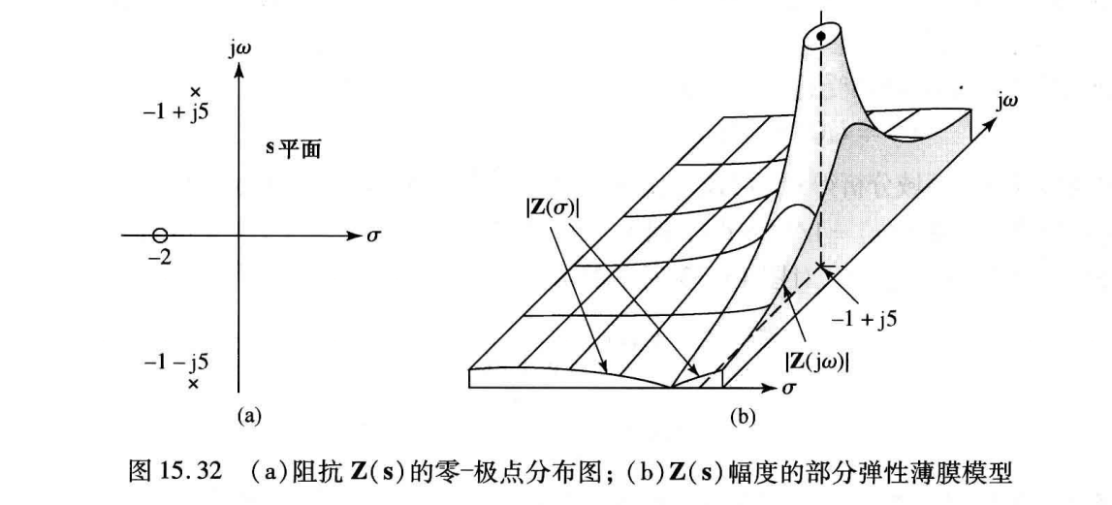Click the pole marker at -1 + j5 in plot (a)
pos(195,92)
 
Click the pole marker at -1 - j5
pos(193,385)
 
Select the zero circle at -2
pos(161,236)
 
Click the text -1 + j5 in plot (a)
pos(175,111)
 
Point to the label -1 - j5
pos(175,363)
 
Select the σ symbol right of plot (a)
pos(373,236)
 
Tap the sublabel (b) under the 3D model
pos(741,418)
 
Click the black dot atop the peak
pos(822,37)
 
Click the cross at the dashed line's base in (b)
pos(821,265)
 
